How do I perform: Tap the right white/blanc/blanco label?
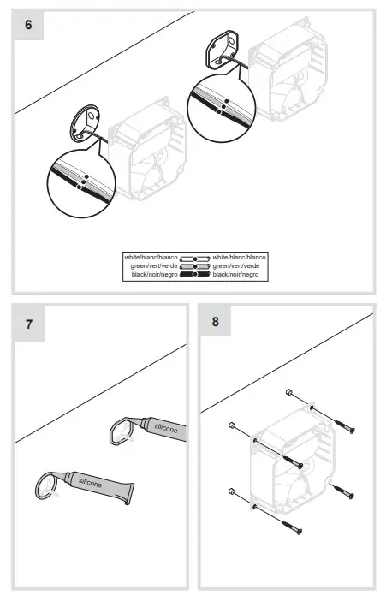click(x=240, y=257)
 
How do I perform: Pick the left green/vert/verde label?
click(x=154, y=265)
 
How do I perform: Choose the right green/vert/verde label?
click(x=239, y=265)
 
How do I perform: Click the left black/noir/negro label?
click(x=154, y=274)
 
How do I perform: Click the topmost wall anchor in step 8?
click(x=289, y=394)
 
